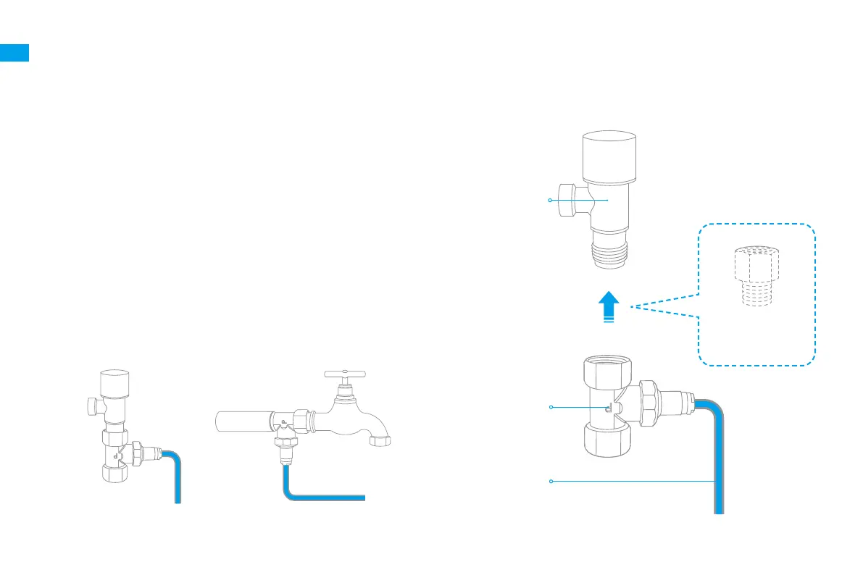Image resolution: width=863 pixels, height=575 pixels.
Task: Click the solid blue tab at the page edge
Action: [x=14, y=53]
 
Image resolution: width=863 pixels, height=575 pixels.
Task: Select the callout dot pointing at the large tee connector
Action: [x=551, y=408]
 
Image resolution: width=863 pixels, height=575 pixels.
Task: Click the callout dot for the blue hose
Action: [x=551, y=481]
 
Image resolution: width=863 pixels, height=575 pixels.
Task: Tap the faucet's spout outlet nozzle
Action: [x=379, y=440]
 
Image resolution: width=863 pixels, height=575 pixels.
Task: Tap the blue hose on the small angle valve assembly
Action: [x=175, y=478]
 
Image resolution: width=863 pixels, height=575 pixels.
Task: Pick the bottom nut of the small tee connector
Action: [x=114, y=472]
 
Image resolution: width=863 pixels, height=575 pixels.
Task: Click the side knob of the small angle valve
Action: [x=91, y=407]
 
